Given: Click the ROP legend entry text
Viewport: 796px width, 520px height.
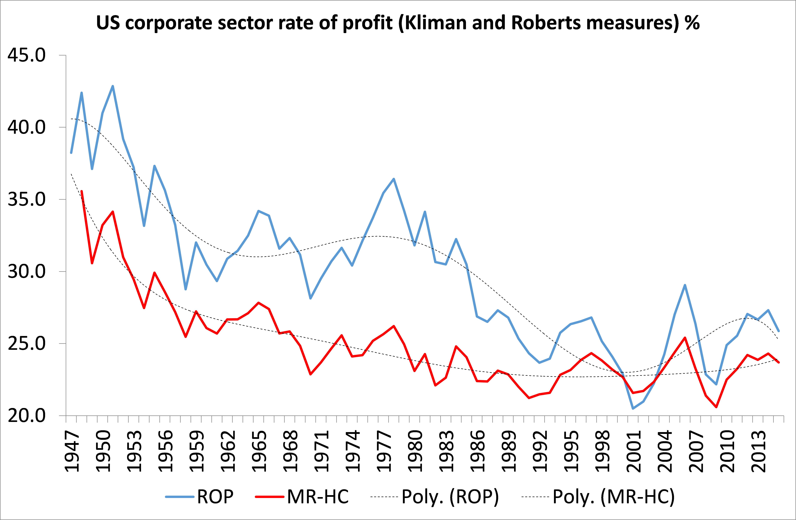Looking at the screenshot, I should click(215, 497).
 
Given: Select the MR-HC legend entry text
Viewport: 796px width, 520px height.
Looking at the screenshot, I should click(318, 497).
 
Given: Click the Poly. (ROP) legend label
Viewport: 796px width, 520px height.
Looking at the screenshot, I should click(450, 497).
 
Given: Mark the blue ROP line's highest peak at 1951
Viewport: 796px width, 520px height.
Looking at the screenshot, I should click(113, 86).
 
